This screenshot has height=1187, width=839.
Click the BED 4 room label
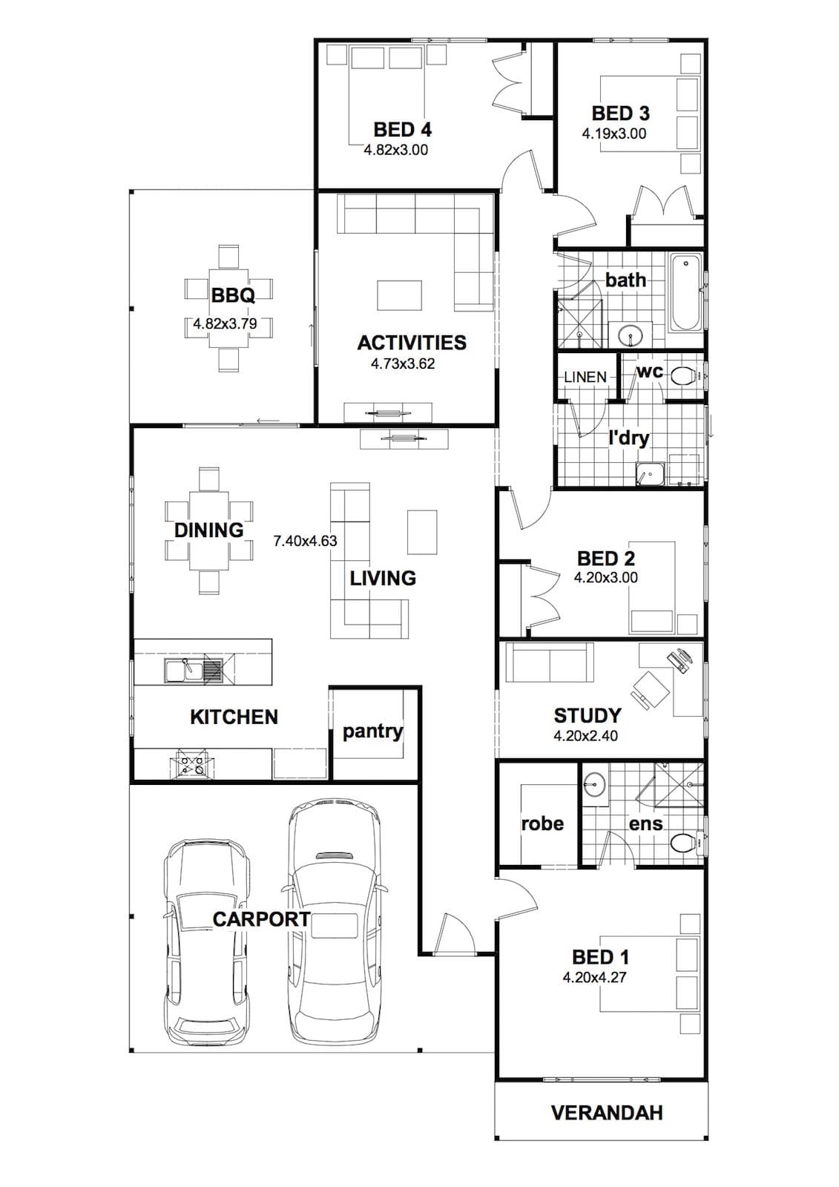tap(402, 129)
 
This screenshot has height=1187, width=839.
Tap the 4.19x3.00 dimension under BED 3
tap(614, 134)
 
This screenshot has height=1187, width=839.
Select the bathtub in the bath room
tap(686, 292)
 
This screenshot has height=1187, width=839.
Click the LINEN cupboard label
tap(585, 378)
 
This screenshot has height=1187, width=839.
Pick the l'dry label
tap(628, 438)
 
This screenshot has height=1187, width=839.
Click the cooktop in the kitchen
tap(191, 763)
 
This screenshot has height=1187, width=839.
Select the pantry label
tap(372, 732)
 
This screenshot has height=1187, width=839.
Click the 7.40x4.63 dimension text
tap(305, 541)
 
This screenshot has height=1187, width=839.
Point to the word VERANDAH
tap(607, 1113)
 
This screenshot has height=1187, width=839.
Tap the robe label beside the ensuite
tap(542, 824)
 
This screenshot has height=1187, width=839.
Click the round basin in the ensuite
tap(595, 781)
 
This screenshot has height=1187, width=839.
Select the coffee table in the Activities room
tap(400, 296)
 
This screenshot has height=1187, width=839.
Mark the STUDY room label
tap(588, 716)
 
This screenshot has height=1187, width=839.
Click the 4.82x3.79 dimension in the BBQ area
tap(225, 323)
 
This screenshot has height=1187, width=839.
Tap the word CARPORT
tap(261, 919)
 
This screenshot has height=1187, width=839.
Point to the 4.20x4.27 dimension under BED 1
tap(594, 976)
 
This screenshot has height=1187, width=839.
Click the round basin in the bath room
tap(631, 335)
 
